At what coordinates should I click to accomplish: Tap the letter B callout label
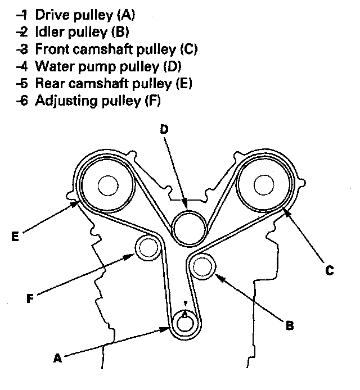289,324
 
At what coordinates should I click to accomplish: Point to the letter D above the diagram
164,129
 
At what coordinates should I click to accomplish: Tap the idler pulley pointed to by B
202,266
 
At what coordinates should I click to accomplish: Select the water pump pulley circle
187,227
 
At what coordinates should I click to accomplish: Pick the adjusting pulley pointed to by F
147,247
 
